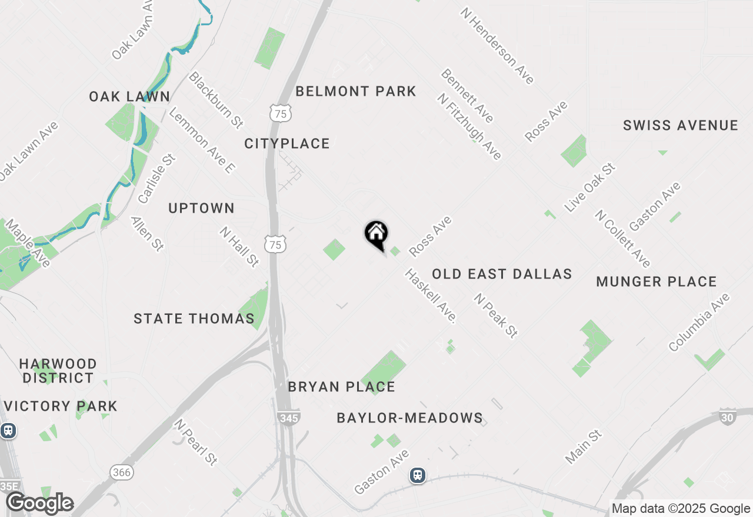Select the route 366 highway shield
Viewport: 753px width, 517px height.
click(x=121, y=472)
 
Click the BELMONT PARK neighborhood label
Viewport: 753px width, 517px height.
click(x=356, y=91)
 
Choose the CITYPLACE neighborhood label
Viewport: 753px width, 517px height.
click(x=287, y=143)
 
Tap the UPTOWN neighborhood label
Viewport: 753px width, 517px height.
click(x=201, y=208)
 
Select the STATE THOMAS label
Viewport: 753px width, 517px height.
click(x=194, y=318)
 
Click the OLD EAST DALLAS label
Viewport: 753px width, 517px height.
click(x=502, y=274)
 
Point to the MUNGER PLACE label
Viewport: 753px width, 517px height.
click(x=657, y=281)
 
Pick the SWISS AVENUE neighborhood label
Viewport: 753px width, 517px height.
click(x=681, y=125)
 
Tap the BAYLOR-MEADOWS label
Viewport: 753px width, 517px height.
click(x=410, y=418)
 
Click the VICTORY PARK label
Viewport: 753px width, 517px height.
click(x=61, y=406)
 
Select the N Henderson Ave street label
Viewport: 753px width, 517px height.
click(x=497, y=46)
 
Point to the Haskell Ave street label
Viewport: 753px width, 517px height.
click(x=431, y=296)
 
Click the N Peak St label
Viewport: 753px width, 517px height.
click(x=496, y=315)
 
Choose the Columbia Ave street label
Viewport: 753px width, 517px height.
click(x=699, y=322)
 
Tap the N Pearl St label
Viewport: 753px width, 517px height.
click(x=196, y=442)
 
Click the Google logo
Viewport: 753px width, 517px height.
click(x=39, y=503)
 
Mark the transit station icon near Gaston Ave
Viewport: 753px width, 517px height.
click(x=418, y=475)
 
